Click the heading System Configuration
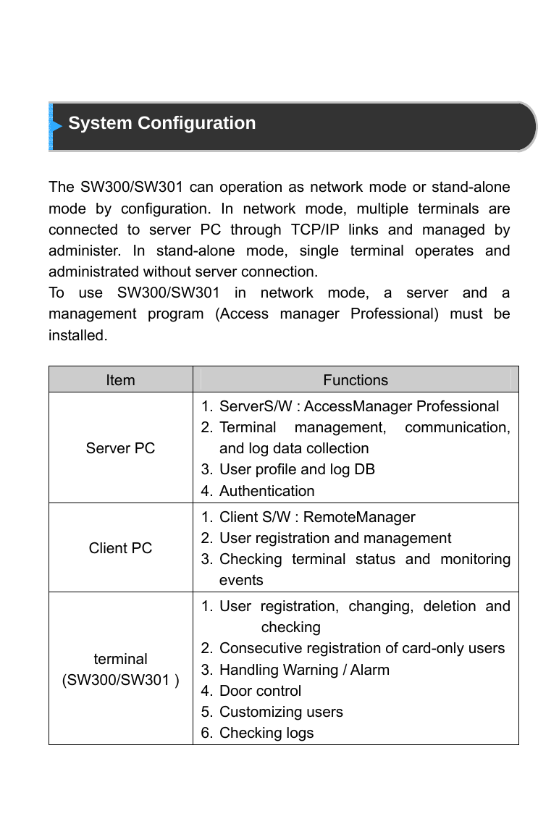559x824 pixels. point(161,123)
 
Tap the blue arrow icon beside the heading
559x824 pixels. point(56,126)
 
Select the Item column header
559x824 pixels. point(120,380)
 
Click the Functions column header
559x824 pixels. point(356,380)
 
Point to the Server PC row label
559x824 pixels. point(120,448)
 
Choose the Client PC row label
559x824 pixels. point(120,548)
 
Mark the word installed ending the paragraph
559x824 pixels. point(77,336)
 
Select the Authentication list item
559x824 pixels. point(266,491)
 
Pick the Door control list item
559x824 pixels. point(260,691)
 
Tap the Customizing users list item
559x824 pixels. point(281,712)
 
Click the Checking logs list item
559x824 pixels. point(266,733)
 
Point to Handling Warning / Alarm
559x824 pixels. point(304,670)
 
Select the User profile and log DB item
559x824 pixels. point(297,469)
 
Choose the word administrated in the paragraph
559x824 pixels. point(92,272)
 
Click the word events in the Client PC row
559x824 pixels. point(241,580)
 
